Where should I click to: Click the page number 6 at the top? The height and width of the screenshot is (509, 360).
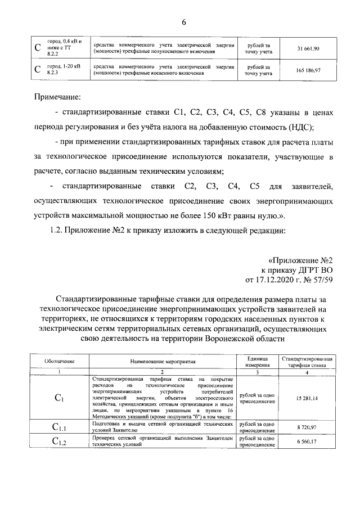183,22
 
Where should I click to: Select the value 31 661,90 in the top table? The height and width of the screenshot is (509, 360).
308,49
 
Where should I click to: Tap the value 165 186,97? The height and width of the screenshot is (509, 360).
308,70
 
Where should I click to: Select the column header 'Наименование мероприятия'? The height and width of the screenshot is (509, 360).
162,360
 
